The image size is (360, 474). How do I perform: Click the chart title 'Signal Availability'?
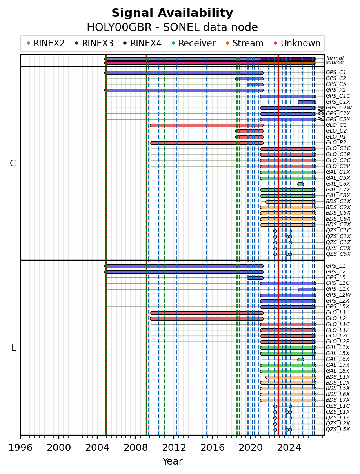[x=172, y=13]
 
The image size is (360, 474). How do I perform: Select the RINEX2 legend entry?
[x=45, y=43]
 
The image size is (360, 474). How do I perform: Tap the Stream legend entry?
[x=245, y=43]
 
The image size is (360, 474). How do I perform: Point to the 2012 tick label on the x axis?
[x=174, y=447]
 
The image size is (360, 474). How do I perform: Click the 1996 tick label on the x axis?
[x=20, y=447]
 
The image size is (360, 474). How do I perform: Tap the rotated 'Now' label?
[x=321, y=113]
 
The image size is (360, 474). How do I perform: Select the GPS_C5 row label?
[x=336, y=84]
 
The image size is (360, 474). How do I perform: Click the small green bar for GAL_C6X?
[x=300, y=184]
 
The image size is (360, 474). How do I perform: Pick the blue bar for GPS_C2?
[x=249, y=78]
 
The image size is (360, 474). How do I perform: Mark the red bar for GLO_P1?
[x=249, y=137]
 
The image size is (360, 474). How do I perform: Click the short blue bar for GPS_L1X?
[x=307, y=289]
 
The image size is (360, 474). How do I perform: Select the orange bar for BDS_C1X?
[x=291, y=202]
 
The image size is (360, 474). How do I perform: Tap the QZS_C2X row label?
[x=338, y=248]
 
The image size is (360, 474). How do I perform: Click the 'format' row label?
[x=335, y=58]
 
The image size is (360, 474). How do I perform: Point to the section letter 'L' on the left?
[x=14, y=348]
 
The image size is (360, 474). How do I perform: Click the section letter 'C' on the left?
[x=13, y=163]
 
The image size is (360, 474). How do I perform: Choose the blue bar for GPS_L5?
[x=255, y=278]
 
